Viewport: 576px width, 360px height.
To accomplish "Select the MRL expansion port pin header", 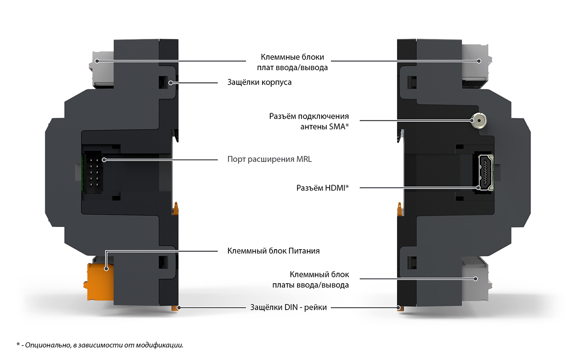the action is coord(94,172).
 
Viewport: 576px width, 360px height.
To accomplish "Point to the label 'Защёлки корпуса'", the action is coord(260,82).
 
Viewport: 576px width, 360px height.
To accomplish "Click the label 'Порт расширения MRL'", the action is coord(269,159).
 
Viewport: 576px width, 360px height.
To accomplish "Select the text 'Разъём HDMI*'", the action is coord(323,188).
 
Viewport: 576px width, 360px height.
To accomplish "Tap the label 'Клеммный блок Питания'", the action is coord(273,251).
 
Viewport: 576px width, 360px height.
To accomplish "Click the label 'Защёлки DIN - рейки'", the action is coord(288,307).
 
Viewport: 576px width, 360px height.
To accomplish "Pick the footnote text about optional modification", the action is coord(100,345).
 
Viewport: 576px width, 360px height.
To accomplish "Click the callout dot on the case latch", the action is coord(170,83).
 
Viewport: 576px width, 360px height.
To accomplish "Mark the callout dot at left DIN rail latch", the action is coord(179,308).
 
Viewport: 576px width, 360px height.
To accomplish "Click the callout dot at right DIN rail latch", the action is coord(398,308).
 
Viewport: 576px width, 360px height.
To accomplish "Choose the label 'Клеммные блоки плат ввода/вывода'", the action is coord(292,62).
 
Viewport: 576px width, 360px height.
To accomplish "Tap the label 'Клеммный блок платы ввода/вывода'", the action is coord(311,280).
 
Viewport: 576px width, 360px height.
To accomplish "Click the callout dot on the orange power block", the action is coord(106,269).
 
